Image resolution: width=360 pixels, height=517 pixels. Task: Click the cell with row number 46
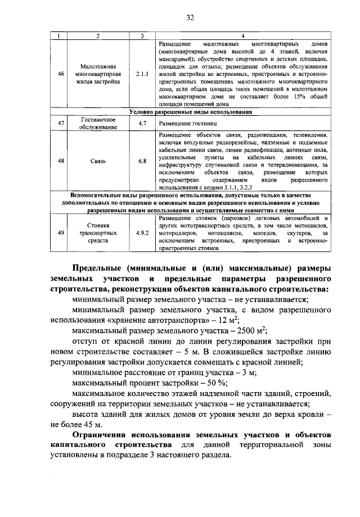[x=61, y=74]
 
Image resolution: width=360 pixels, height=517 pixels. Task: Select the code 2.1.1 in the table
[x=142, y=74]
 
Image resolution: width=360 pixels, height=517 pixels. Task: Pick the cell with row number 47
[x=61, y=123]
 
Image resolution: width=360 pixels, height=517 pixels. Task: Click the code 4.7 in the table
[x=142, y=123]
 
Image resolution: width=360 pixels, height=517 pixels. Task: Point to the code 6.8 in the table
[x=142, y=161]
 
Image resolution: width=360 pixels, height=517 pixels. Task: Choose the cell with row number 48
[x=61, y=161]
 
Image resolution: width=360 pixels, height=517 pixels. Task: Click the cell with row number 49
[x=61, y=232]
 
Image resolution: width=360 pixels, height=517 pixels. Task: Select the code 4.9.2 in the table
[x=142, y=232]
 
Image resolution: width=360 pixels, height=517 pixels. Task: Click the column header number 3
[x=142, y=36]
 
